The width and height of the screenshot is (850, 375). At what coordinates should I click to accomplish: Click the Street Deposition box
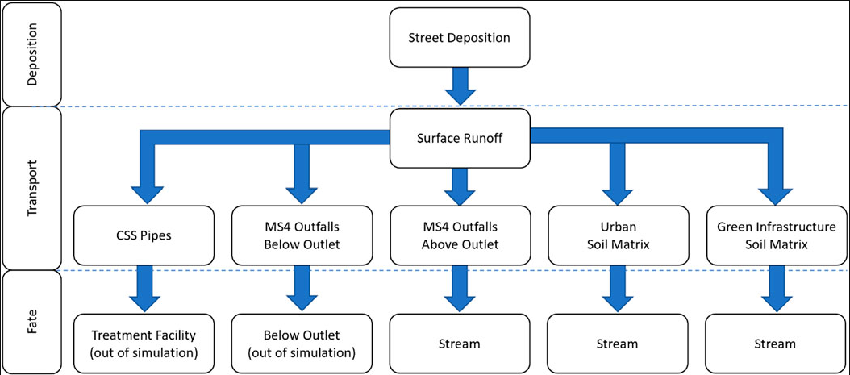[x=460, y=38]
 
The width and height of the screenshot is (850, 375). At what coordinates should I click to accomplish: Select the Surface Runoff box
[x=460, y=138]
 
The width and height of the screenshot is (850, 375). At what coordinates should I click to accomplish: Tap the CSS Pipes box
[x=144, y=235]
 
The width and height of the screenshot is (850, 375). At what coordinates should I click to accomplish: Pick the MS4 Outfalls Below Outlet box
[x=302, y=235]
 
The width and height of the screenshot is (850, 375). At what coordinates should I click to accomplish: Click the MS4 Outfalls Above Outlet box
[x=460, y=235]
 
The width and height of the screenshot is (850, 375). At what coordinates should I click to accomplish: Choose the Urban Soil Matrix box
[x=618, y=235]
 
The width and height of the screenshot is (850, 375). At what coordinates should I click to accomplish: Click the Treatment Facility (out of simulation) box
[x=144, y=344]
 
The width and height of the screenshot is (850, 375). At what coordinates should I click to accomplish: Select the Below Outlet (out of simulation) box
[x=302, y=344]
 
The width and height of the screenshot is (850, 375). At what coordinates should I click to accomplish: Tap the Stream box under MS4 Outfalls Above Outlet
[x=460, y=344]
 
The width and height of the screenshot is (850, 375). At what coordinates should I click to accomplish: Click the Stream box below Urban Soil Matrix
[x=618, y=344]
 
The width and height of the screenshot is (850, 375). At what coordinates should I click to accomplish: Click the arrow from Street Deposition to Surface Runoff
[x=460, y=85]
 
